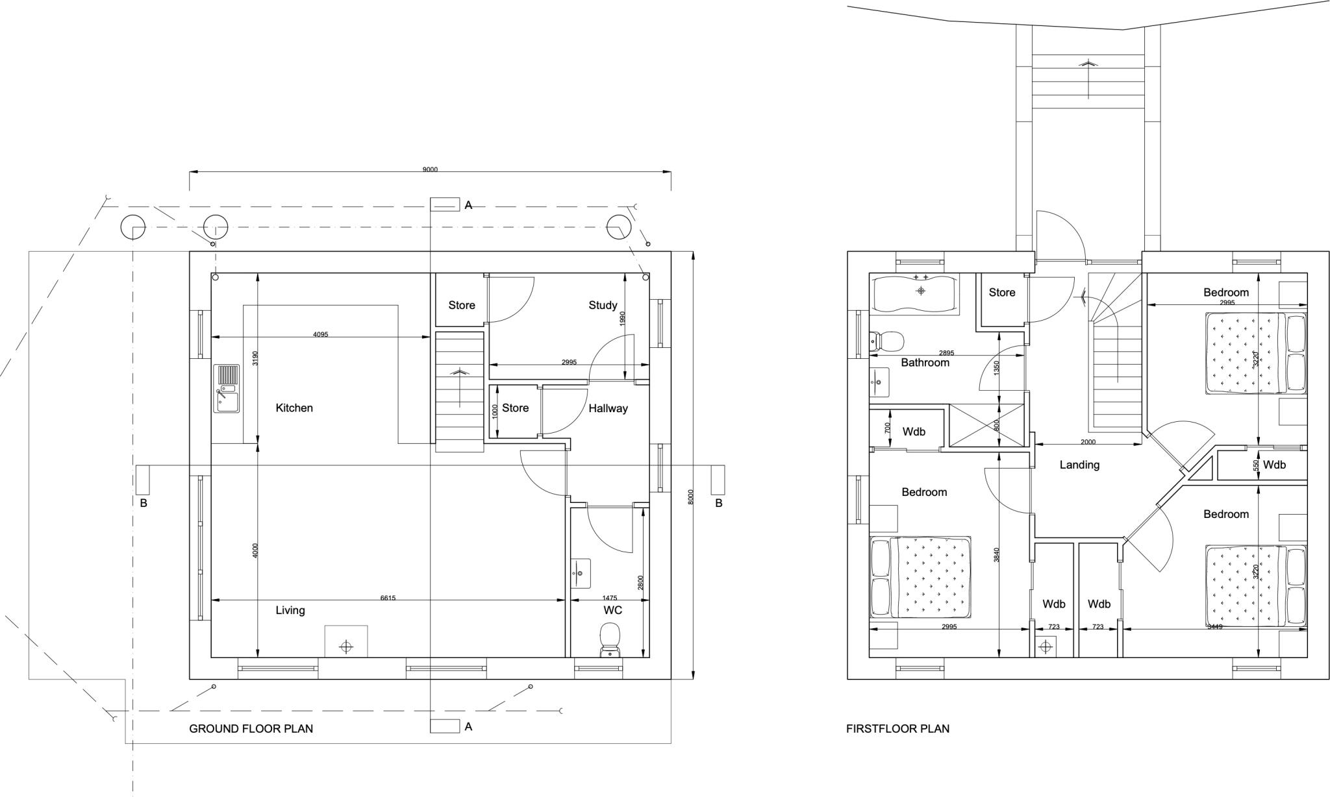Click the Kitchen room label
294,408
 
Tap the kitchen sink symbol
227,388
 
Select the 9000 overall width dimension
430,169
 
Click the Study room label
603,305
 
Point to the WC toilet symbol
610,639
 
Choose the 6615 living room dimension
388,598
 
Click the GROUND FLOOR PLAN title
251,728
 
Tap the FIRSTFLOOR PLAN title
897,728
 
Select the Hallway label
608,408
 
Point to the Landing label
1079,465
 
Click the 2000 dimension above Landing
1088,442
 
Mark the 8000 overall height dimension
691,497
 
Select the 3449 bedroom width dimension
1214,626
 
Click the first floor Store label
1002,293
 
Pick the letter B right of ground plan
719,503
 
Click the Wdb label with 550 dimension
1274,465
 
